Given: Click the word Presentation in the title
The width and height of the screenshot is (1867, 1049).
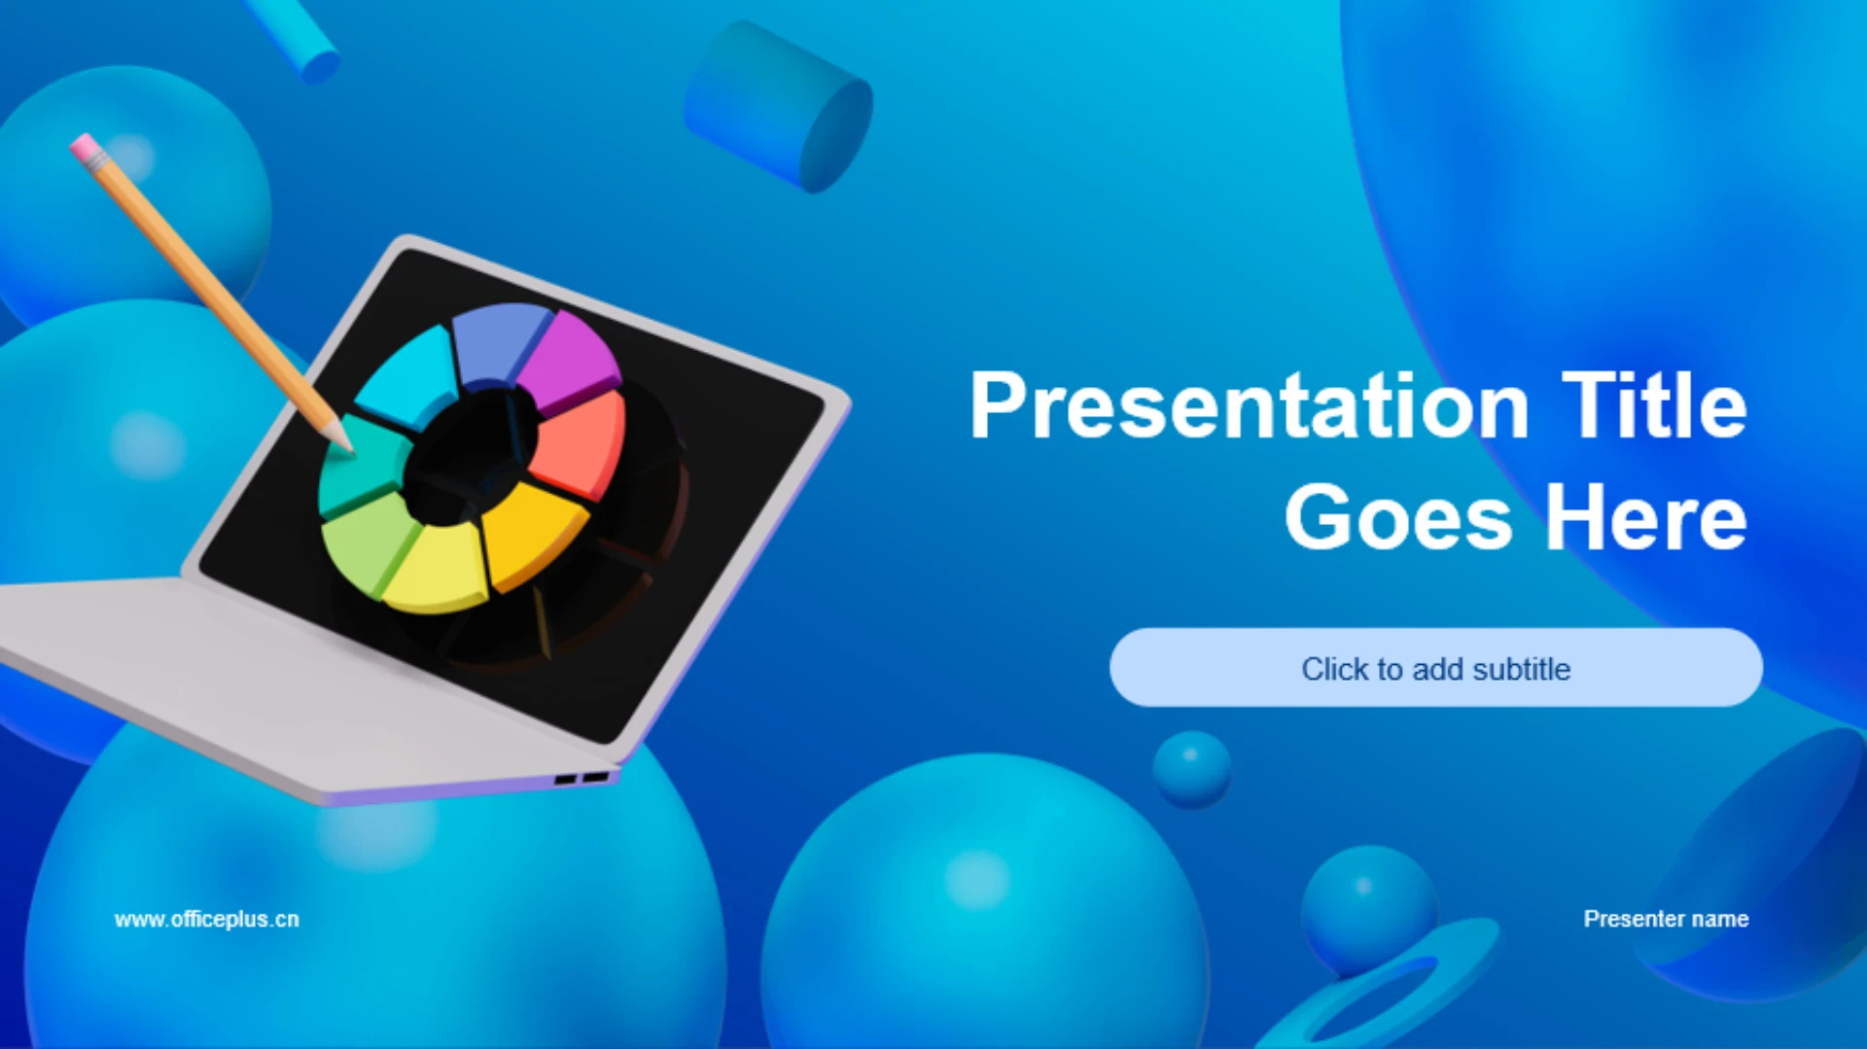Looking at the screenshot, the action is click(1250, 406).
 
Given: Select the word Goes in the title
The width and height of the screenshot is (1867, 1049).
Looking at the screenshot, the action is click(1398, 517).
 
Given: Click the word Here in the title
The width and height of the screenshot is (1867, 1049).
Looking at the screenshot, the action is click(1646, 517).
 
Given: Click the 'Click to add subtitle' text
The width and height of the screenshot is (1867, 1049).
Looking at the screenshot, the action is click(1436, 669).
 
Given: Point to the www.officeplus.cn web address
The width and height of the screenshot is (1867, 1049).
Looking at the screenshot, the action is click(207, 919).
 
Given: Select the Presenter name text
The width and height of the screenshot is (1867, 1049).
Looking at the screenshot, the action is click(1666, 919).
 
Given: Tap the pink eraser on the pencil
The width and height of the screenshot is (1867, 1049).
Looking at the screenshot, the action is click(86, 149).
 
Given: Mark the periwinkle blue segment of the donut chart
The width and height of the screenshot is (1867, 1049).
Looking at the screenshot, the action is click(499, 343).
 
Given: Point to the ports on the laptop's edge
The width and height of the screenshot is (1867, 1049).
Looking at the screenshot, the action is click(581, 779).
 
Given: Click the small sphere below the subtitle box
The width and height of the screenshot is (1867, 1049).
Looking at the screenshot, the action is click(1191, 769).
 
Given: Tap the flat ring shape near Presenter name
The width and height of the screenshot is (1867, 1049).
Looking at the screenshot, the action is click(1381, 992).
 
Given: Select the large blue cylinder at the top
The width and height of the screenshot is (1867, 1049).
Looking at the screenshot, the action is click(778, 107).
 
